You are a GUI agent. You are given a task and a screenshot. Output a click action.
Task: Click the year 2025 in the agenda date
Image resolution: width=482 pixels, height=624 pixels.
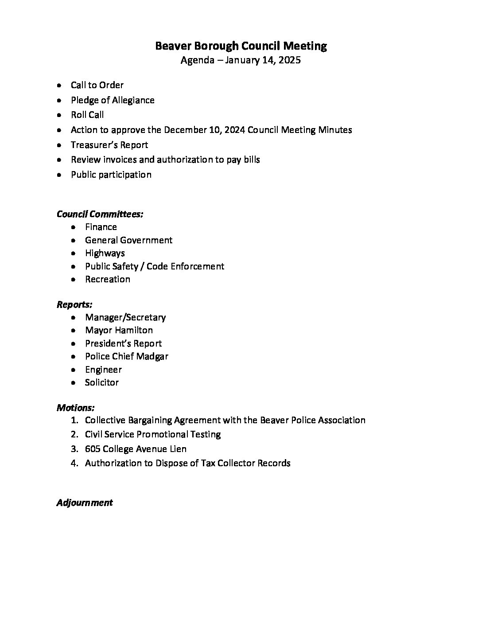(x=290, y=60)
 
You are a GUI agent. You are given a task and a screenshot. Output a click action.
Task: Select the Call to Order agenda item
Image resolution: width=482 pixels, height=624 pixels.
(x=97, y=85)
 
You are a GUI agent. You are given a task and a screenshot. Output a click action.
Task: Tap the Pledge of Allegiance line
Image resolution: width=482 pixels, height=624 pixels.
(x=113, y=100)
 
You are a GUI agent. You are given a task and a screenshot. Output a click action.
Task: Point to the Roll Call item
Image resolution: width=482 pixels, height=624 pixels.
(x=87, y=115)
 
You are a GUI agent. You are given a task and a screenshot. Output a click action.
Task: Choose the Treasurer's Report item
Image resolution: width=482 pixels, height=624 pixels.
(x=109, y=145)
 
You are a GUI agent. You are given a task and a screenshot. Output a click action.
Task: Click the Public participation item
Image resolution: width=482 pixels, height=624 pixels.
(x=111, y=175)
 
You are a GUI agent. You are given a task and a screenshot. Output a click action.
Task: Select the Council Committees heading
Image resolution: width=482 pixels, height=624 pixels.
(x=100, y=214)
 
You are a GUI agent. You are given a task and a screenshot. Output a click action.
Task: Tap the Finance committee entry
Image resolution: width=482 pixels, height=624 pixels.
(x=101, y=227)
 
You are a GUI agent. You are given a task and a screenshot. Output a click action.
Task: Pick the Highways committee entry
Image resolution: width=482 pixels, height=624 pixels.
(x=105, y=253)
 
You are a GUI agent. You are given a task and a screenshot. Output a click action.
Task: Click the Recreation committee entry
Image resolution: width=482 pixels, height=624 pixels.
(x=108, y=279)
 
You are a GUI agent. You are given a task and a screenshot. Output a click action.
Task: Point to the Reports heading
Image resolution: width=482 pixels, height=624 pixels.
(x=74, y=304)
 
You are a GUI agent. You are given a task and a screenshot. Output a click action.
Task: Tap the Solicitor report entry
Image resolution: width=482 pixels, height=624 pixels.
(x=102, y=382)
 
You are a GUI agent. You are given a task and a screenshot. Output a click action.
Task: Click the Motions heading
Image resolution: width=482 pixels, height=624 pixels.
(x=76, y=407)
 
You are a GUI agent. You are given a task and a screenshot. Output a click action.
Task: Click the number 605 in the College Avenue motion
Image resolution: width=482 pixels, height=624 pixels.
(x=93, y=449)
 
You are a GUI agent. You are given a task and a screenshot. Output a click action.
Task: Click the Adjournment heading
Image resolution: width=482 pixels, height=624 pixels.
(x=85, y=503)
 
